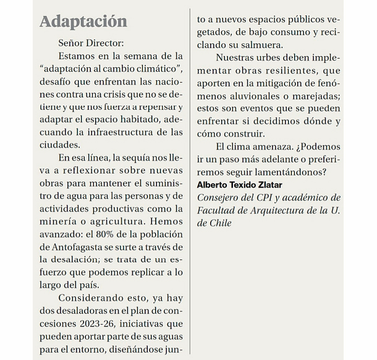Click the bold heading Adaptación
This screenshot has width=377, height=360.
[x=83, y=21]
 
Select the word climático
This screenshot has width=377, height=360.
[x=153, y=69]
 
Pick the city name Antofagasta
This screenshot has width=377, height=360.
[x=69, y=248]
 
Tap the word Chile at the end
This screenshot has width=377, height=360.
[x=219, y=223]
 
